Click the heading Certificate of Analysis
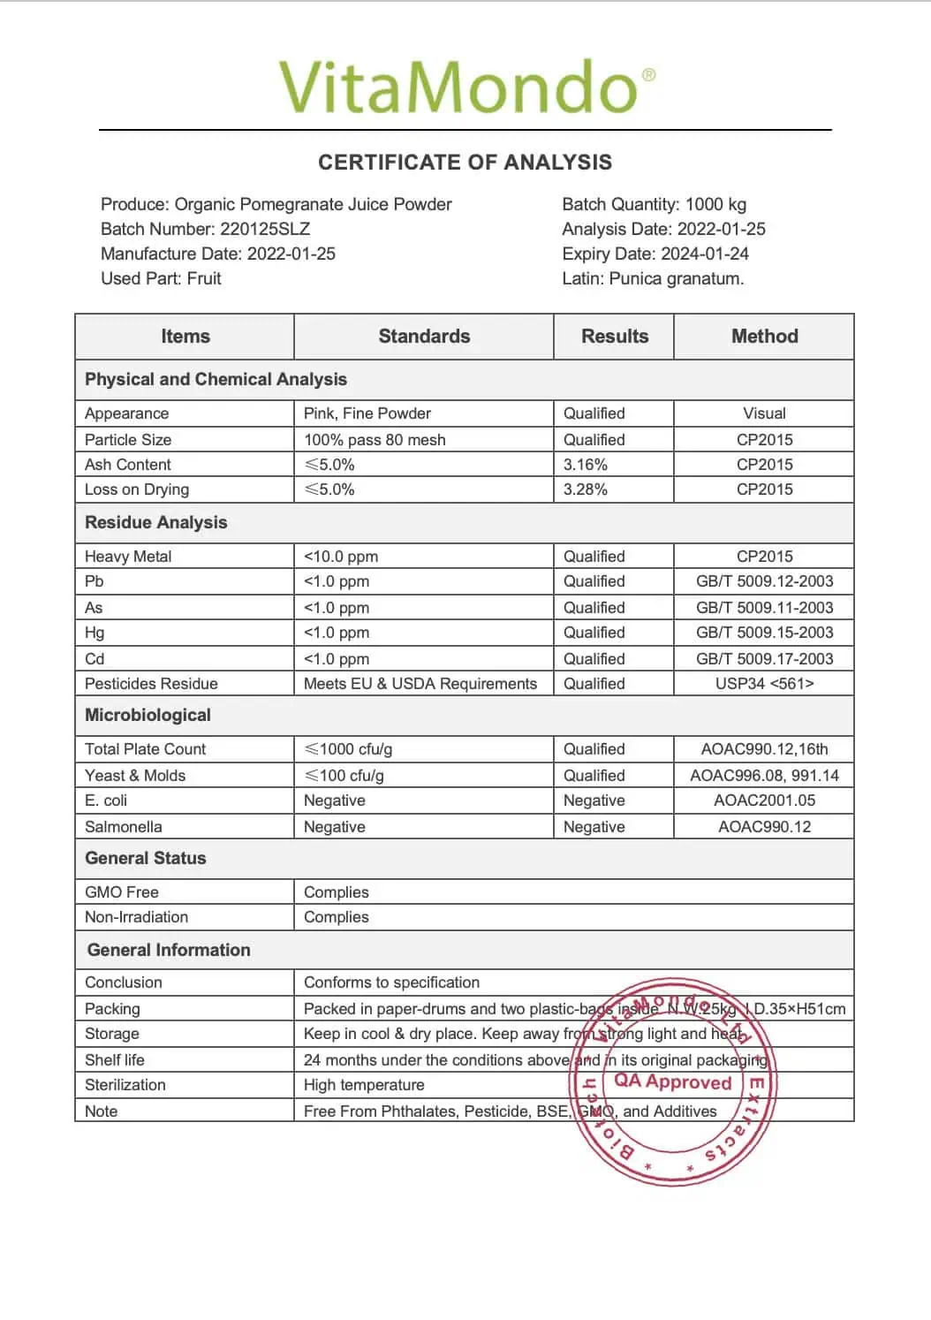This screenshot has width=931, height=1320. coord(465,163)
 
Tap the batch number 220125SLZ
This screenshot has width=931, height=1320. coord(264,229)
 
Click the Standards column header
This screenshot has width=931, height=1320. coord(424,337)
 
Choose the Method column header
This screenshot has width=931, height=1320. coord(764,337)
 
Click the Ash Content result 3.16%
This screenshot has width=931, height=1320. coord(586,465)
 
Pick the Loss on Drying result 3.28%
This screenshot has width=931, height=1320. coord(586,489)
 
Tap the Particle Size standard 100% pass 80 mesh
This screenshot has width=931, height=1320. coord(375,440)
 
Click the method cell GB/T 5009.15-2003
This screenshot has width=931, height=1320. coord(764,633)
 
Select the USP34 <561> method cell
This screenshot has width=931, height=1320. coord(764,684)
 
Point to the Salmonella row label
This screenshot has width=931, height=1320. coord(124,827)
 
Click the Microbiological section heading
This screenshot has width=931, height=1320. coord(148,716)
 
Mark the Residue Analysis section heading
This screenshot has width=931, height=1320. coord(155,523)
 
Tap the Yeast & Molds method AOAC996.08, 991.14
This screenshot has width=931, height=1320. coord(764,776)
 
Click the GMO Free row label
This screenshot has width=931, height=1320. coord(122,892)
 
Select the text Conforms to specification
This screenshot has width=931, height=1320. coord(391,982)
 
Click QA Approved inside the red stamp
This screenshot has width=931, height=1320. coord(673,1082)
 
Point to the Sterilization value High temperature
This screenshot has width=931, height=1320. coord(364,1085)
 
